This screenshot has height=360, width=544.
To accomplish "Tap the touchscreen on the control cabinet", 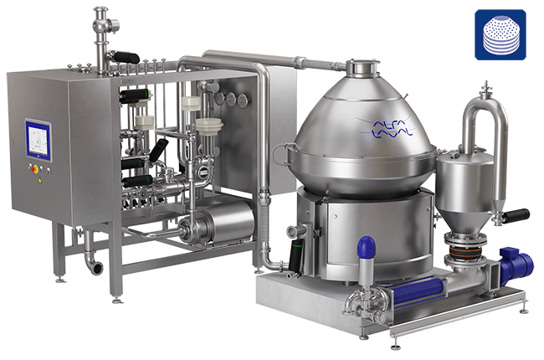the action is pyautogui.click(x=38, y=140).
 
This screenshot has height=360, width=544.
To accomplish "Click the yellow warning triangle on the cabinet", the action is pyautogui.click(x=40, y=180).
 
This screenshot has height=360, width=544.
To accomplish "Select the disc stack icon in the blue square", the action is pyautogui.click(x=501, y=35).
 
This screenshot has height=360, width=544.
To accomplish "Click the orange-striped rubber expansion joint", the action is pyautogui.click(x=464, y=250).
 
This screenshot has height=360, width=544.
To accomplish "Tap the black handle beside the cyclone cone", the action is pyautogui.click(x=516, y=215).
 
